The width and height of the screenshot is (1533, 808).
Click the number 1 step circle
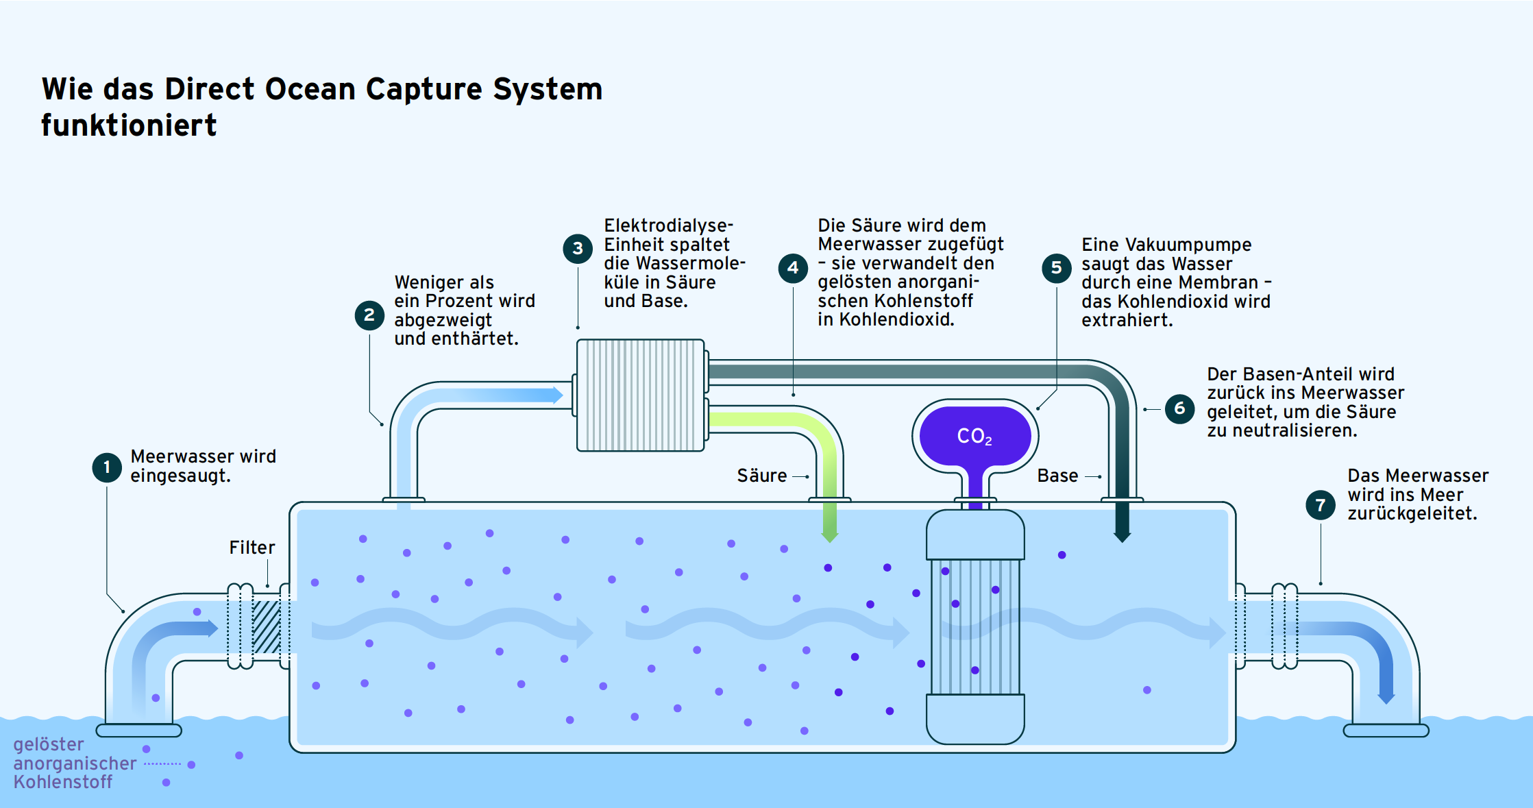click(x=107, y=467)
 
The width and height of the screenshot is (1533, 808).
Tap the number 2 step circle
click(x=369, y=315)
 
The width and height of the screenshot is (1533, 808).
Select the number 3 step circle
click(x=578, y=248)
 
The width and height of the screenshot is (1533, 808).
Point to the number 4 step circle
click(x=793, y=267)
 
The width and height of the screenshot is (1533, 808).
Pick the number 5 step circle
click(x=1057, y=267)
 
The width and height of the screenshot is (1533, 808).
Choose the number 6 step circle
click(x=1179, y=408)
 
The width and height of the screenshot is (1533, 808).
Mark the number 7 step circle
click(x=1321, y=505)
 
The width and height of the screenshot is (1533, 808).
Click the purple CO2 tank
click(x=975, y=436)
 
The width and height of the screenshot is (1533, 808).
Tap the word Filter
click(x=252, y=548)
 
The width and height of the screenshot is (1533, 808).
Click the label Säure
click(x=762, y=476)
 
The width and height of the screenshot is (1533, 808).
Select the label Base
click(x=1057, y=476)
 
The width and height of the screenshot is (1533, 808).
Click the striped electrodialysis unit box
click(x=641, y=395)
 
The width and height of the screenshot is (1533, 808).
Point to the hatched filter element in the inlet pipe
click(x=267, y=627)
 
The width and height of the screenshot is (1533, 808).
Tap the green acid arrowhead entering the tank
click(x=830, y=535)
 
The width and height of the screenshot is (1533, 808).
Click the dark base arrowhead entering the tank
click(x=1123, y=534)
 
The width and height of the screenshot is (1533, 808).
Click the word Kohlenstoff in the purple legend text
click(x=63, y=782)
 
